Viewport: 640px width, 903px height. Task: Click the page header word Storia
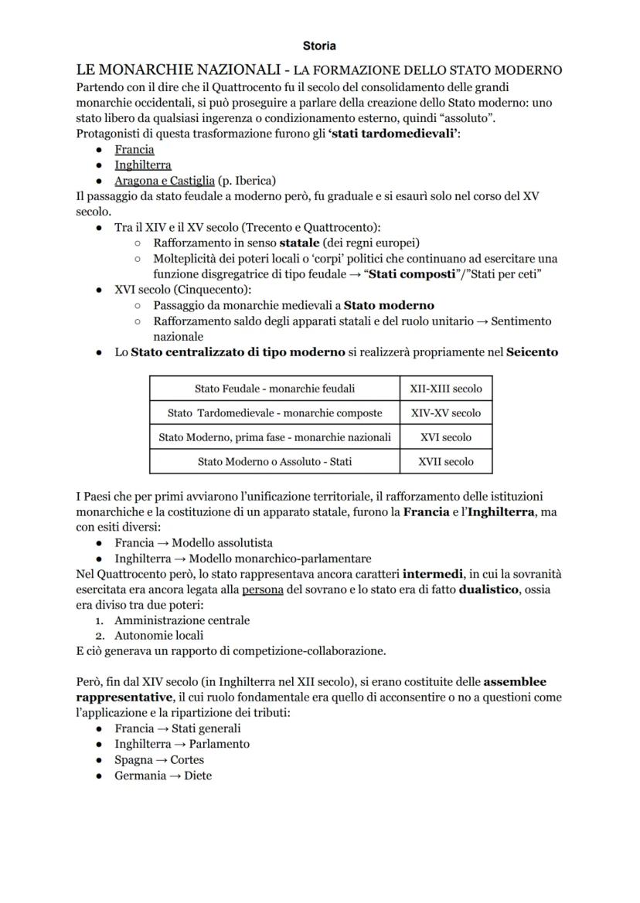click(x=319, y=46)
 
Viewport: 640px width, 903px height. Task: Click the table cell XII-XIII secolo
click(x=446, y=389)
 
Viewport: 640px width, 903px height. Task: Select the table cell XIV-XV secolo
click(x=446, y=413)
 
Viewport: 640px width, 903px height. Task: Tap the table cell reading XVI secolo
click(x=446, y=437)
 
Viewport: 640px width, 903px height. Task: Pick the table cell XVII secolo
click(x=446, y=462)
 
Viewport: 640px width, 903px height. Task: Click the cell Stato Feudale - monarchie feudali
click(x=274, y=389)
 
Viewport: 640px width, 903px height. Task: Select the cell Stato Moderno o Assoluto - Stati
click(x=274, y=462)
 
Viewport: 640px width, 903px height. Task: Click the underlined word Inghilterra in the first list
click(x=143, y=165)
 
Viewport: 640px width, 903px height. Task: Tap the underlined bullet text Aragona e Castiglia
click(x=165, y=181)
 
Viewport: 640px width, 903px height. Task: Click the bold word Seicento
click(x=532, y=352)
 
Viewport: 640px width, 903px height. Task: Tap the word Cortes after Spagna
click(x=187, y=760)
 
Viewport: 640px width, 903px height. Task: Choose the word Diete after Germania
click(x=198, y=776)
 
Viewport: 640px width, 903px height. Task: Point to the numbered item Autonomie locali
click(x=159, y=636)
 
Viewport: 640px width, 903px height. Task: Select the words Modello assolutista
click(x=223, y=543)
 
